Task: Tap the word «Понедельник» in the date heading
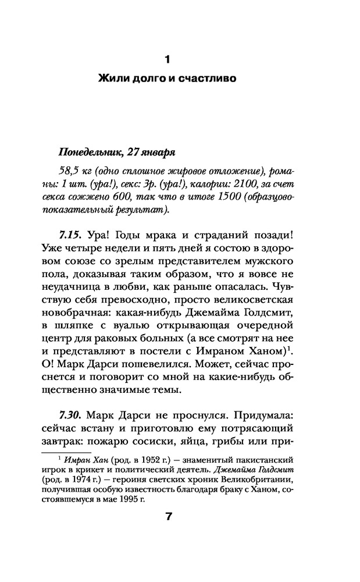88,152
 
